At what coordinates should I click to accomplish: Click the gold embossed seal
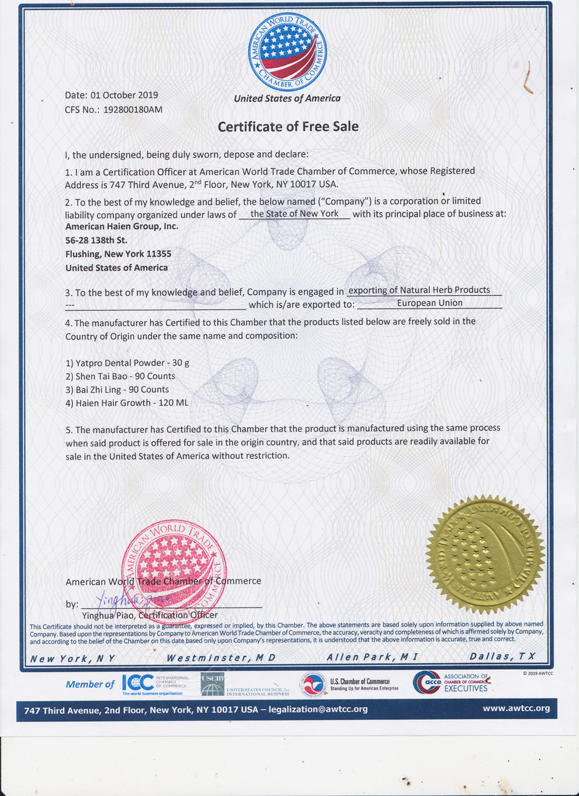click(485, 555)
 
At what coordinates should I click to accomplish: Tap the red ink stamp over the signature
click(174, 570)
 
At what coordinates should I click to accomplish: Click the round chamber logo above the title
click(287, 52)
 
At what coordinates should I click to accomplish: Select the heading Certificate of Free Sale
click(288, 127)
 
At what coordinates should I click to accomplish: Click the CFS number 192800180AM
click(133, 109)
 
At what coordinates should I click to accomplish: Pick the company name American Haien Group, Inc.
click(122, 226)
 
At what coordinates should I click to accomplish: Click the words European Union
click(430, 303)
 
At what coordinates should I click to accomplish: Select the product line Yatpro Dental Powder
click(127, 363)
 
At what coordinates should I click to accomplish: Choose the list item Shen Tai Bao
click(120, 376)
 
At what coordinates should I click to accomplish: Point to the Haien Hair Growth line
click(127, 403)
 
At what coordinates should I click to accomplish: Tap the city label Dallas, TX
click(502, 656)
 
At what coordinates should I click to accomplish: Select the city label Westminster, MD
click(221, 658)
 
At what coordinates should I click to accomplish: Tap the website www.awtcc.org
click(516, 708)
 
